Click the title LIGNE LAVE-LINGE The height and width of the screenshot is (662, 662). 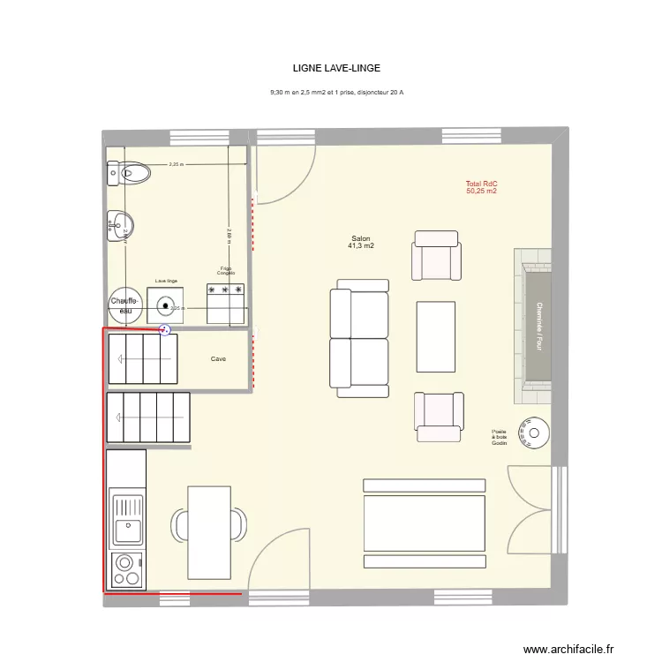pyautogui.click(x=336, y=67)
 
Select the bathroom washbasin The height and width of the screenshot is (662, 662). pyautogui.click(x=119, y=226)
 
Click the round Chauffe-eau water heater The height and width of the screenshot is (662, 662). pyautogui.click(x=126, y=305)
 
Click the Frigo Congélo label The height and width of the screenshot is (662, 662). pyautogui.click(x=226, y=271)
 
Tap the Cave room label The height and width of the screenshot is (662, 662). pyautogui.click(x=218, y=359)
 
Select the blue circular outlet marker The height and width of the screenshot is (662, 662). pyautogui.click(x=164, y=330)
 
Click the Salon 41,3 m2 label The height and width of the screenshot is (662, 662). pyautogui.click(x=361, y=243)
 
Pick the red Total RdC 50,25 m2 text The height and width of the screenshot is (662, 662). pyautogui.click(x=481, y=187)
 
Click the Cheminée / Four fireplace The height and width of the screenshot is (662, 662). pyautogui.click(x=536, y=326)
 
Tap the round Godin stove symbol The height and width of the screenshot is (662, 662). pyautogui.click(x=535, y=433)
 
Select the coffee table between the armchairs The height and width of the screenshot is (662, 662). pyautogui.click(x=436, y=336)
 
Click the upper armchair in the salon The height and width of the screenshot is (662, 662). pyautogui.click(x=436, y=256)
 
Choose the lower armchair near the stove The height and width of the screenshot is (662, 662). pyautogui.click(x=438, y=416)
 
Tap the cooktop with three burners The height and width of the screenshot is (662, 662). pyautogui.click(x=127, y=569)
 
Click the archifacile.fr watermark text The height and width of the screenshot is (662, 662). pyautogui.click(x=568, y=649)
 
